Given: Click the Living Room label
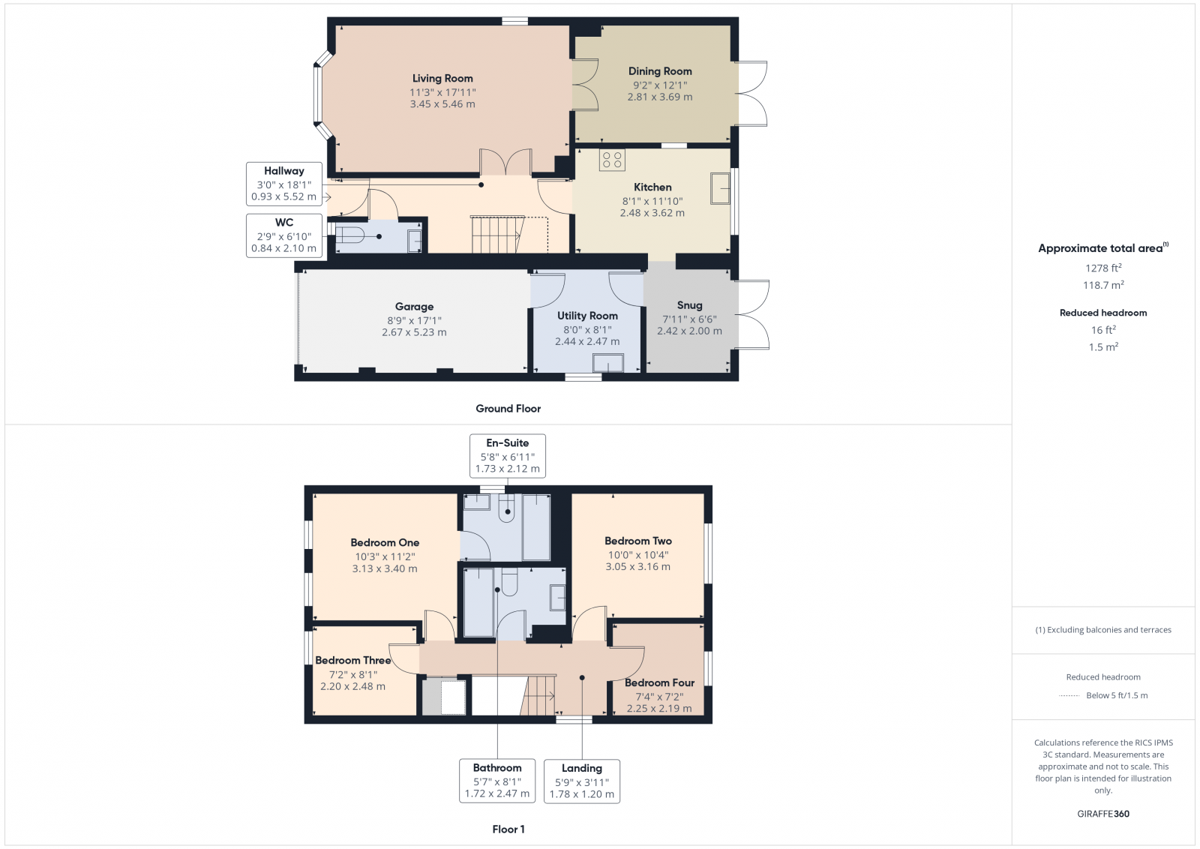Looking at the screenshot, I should [x=442, y=78].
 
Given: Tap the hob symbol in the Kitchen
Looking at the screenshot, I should [x=612, y=160].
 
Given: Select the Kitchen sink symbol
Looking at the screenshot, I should [x=720, y=188].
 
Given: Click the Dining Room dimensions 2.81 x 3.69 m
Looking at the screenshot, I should [x=660, y=97].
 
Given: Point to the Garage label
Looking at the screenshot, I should [x=414, y=306].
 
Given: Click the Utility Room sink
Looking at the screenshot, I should [x=607, y=363].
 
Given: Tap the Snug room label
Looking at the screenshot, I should [x=689, y=305].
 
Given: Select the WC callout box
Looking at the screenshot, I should [x=284, y=235].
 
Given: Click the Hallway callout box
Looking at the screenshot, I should [x=284, y=184].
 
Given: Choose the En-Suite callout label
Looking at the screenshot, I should [x=508, y=443].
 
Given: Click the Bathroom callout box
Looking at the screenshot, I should [x=497, y=781].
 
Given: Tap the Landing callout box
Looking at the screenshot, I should [x=582, y=781].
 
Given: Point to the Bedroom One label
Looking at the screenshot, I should [x=385, y=542].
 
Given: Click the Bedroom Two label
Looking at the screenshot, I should [x=638, y=541].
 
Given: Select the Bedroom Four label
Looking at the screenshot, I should [x=659, y=682].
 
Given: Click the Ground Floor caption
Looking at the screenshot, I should [x=508, y=409].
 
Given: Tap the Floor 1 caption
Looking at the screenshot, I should [x=508, y=829].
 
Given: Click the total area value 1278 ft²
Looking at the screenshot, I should [x=1103, y=268].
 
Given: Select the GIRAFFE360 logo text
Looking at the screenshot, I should [x=1103, y=814].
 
